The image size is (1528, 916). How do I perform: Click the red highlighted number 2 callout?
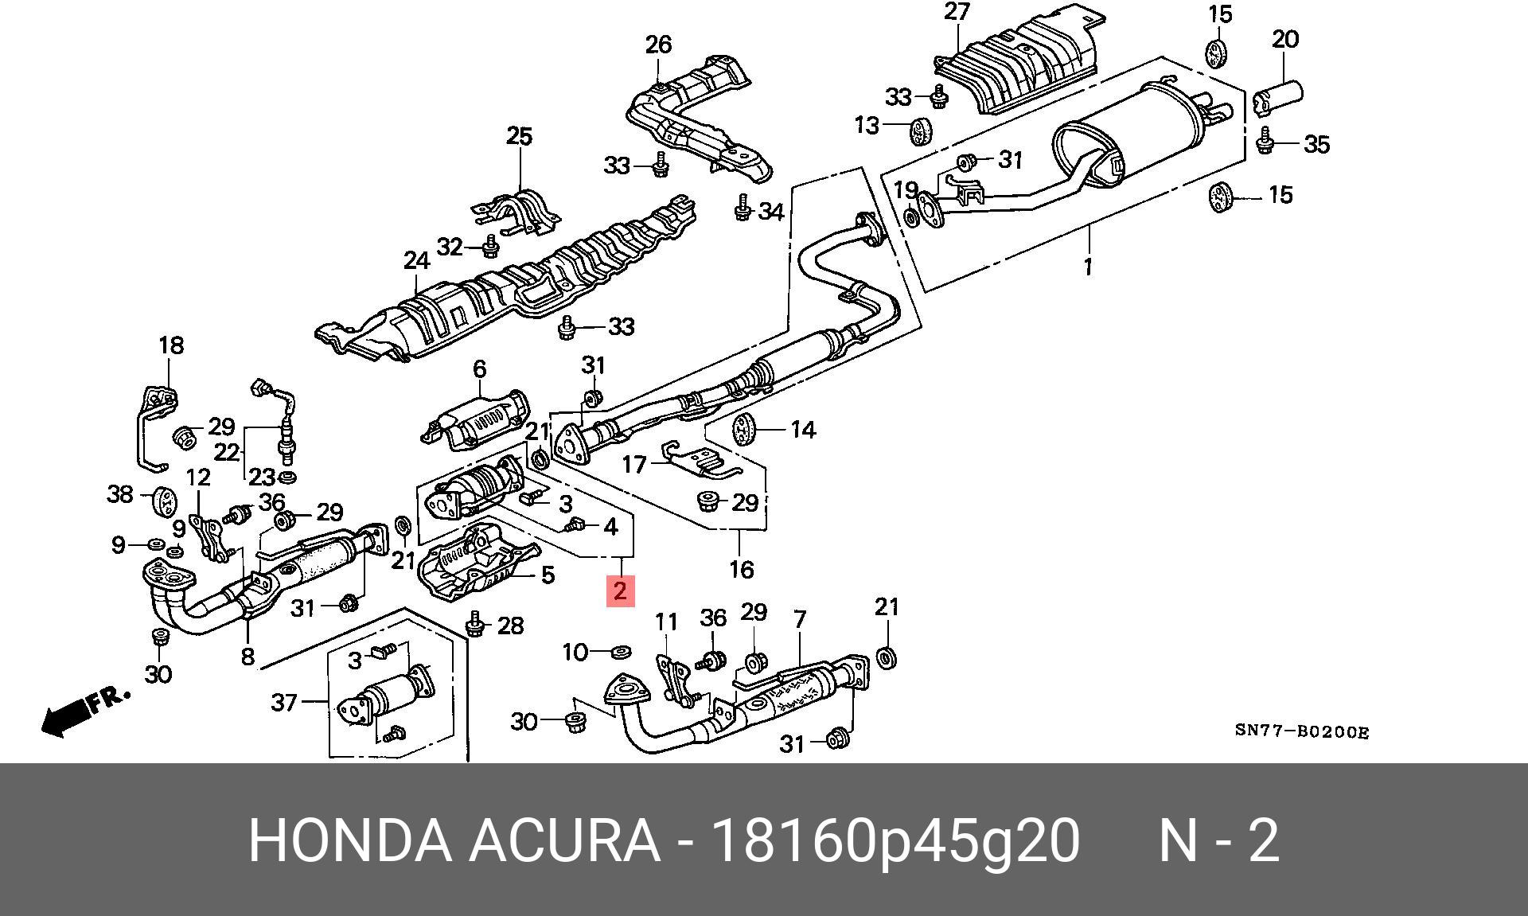[x=620, y=591]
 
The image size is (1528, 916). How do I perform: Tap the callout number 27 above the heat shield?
[x=957, y=13]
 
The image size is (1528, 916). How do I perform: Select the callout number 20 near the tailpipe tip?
[x=1284, y=39]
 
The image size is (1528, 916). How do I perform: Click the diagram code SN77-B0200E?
[x=1301, y=732]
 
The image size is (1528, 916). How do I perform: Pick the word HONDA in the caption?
[x=349, y=840]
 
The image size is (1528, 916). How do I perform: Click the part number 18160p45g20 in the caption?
[x=895, y=840]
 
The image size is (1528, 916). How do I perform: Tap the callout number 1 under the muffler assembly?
[x=1087, y=266]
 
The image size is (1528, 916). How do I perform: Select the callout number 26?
[x=658, y=45]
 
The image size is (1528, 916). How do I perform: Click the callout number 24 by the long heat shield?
[x=416, y=260]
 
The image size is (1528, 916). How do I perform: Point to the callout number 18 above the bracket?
[x=171, y=345]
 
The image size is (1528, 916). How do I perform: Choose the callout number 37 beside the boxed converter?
[x=284, y=702]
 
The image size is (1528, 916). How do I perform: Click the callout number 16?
[x=741, y=570]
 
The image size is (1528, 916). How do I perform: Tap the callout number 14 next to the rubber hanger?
[x=803, y=430]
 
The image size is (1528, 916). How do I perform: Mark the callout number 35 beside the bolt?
[x=1316, y=145]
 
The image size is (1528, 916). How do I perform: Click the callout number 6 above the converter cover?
[x=479, y=369]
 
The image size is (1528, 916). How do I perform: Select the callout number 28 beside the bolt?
[x=510, y=626]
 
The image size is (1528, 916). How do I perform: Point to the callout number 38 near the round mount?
[x=119, y=494]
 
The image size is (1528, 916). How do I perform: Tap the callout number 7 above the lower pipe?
[x=800, y=619]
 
